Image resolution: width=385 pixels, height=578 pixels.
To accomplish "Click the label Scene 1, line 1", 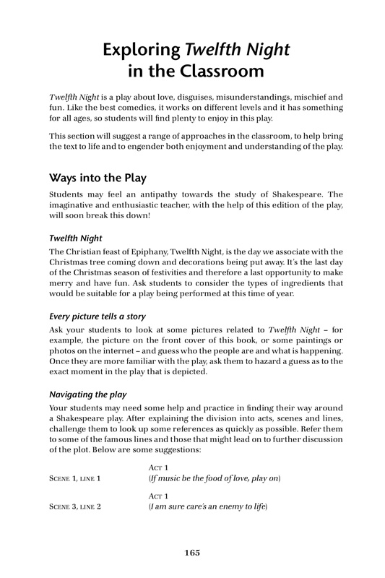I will pos(75,480).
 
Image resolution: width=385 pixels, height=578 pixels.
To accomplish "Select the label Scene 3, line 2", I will pos(75,506).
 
